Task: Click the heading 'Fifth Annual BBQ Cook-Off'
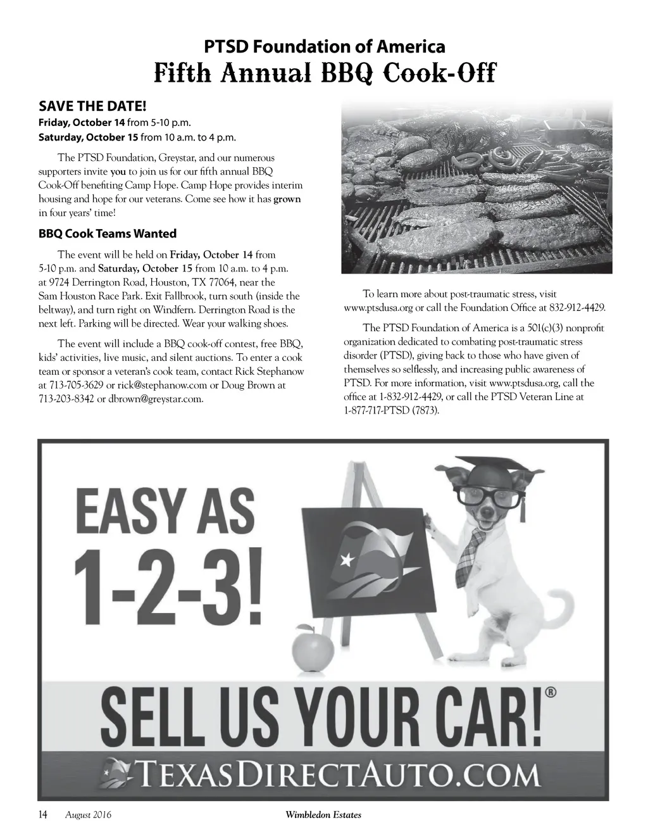324,74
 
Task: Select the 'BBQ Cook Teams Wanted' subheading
108,234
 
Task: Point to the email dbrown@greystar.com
156,399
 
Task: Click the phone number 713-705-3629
73,385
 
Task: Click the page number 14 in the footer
44,815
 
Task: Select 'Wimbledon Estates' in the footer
323,816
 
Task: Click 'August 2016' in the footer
88,816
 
